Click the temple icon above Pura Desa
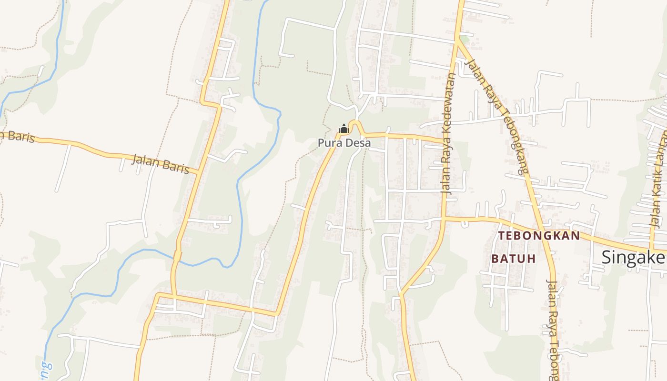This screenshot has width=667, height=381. [344, 129]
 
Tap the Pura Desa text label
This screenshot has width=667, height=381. [344, 142]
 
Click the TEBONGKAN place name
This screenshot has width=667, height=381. [539, 236]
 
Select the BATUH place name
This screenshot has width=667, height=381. [514, 259]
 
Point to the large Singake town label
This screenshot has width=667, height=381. [634, 257]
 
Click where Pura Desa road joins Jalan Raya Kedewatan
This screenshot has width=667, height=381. [445, 142]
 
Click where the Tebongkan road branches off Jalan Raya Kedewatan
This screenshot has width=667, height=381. [444, 219]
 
